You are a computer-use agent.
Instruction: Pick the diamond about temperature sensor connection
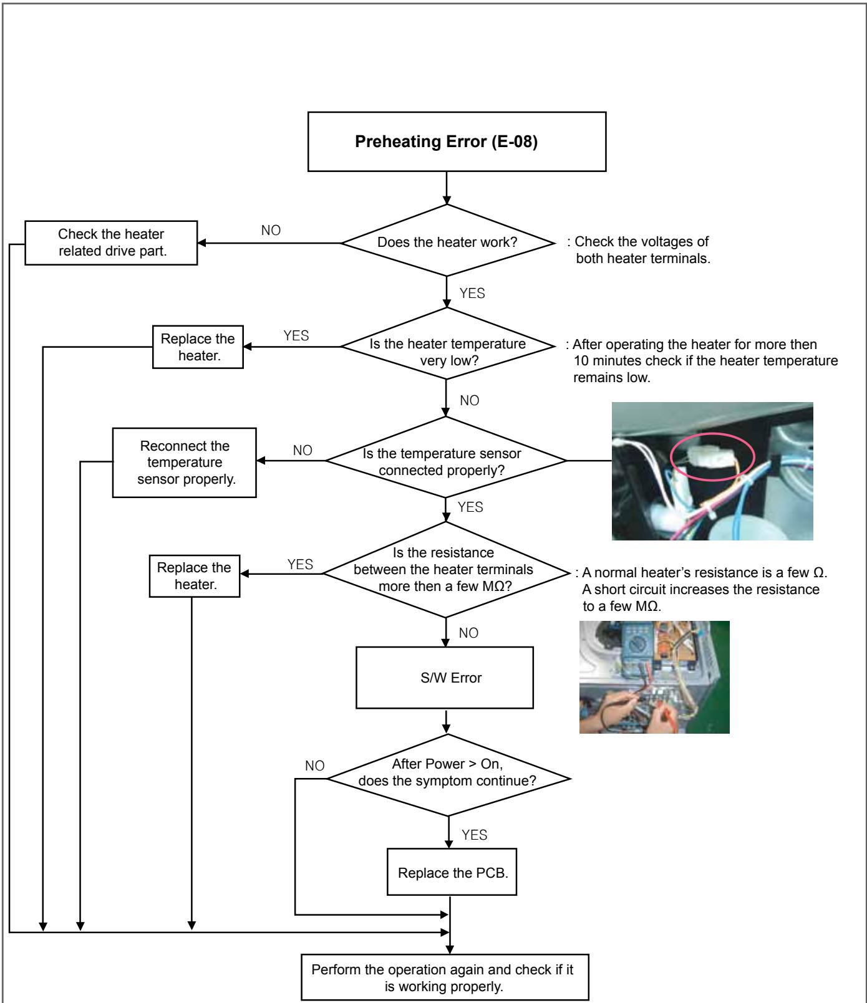tap(446, 461)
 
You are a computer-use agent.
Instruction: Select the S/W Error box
tap(445, 678)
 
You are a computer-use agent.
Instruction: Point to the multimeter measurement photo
tap(654, 676)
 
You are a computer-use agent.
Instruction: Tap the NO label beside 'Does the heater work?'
tap(271, 231)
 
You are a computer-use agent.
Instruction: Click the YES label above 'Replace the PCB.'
tap(474, 835)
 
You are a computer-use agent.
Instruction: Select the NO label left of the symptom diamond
tap(315, 766)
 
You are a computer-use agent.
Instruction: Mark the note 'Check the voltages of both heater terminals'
tap(642, 250)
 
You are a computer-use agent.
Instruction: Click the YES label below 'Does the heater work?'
tap(472, 294)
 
